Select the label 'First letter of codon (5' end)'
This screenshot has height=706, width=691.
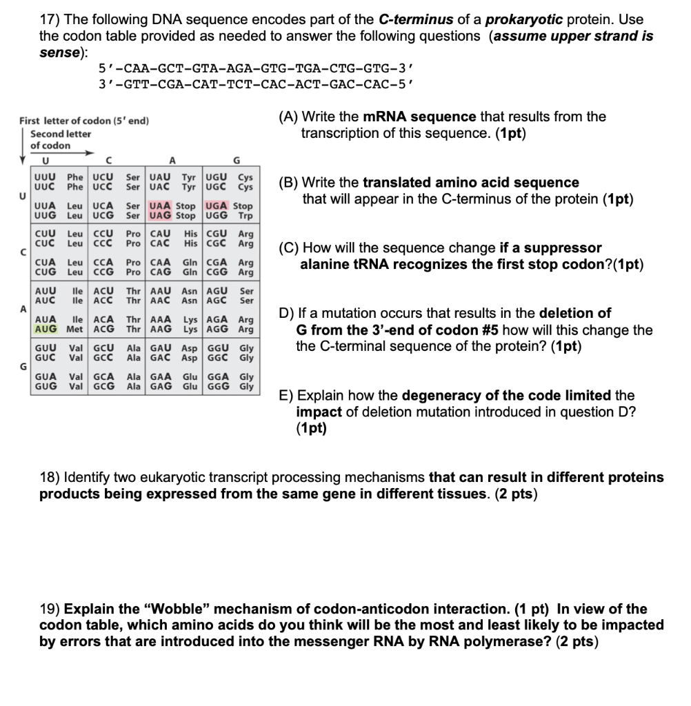(x=84, y=121)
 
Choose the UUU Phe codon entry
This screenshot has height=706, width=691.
(x=46, y=178)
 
